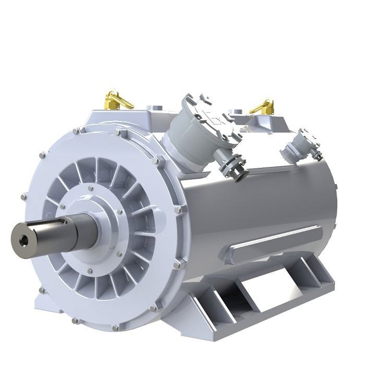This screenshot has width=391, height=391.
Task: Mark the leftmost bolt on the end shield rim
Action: click(x=23, y=197)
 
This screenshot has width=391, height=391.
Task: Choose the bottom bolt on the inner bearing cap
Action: click(x=92, y=271)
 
